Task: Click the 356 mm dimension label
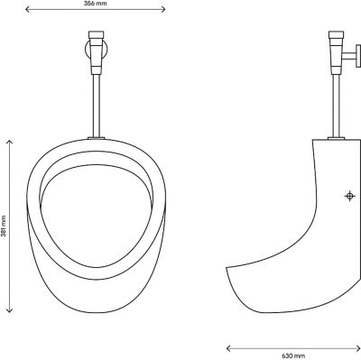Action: click(x=95, y=4)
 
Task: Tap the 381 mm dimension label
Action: click(x=4, y=226)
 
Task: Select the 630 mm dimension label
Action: click(x=293, y=356)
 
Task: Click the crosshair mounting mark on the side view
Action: click(x=349, y=196)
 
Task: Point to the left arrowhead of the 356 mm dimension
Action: click(x=27, y=9)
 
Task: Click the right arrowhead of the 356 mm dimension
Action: click(x=163, y=9)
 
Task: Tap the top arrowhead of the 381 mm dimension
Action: click(x=10, y=142)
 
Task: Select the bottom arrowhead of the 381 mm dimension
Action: click(x=10, y=310)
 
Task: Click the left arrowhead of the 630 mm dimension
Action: click(x=228, y=348)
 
